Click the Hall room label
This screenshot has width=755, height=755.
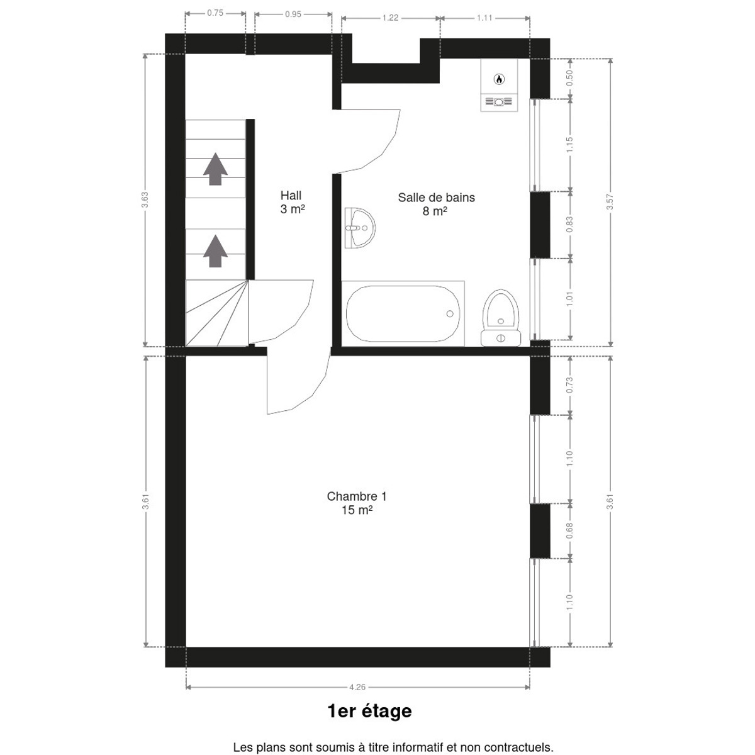click(293, 202)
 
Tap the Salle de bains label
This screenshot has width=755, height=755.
click(436, 204)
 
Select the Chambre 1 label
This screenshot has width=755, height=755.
click(357, 503)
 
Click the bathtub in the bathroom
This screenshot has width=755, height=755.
click(403, 313)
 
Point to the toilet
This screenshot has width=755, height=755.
click(501, 318)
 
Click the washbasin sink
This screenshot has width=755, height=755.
click(360, 228)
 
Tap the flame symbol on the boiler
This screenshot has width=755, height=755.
click(499, 79)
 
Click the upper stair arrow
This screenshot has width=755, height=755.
click(215, 169)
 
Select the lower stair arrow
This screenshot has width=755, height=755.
click(215, 251)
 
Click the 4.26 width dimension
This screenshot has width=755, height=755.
click(357, 687)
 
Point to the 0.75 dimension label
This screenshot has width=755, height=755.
click(215, 13)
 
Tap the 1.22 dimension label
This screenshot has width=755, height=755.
click(390, 18)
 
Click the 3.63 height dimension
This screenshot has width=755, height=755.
click(145, 200)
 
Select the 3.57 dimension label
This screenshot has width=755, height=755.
click(610, 202)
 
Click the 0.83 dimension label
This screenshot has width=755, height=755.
click(569, 225)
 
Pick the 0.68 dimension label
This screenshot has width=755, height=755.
click(569, 530)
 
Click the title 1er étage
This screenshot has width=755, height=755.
click(369, 712)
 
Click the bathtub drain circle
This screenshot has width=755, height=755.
click(450, 313)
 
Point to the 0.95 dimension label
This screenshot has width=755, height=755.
click(293, 14)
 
